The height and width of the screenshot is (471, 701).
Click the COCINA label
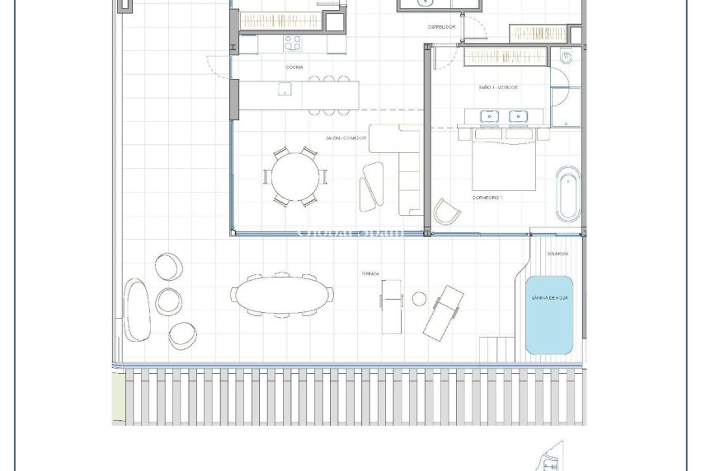coord(294,67)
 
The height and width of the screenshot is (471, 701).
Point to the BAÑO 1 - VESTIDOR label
coord(497,86)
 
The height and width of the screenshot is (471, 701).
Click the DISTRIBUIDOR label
coord(441,26)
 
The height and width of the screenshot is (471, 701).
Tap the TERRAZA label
coord(369,273)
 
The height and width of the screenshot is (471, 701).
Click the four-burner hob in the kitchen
coord(293,42)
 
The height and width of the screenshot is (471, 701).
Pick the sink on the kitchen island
coord(284,89)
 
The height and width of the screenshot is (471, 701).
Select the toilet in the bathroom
coord(566,58)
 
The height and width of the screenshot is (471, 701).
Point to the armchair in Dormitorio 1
coord(448,211)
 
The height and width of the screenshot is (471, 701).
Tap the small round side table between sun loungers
coord(419,298)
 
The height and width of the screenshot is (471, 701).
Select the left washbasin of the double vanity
coord(490,116)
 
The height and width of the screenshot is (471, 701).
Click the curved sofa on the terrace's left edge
coord(137,309)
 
